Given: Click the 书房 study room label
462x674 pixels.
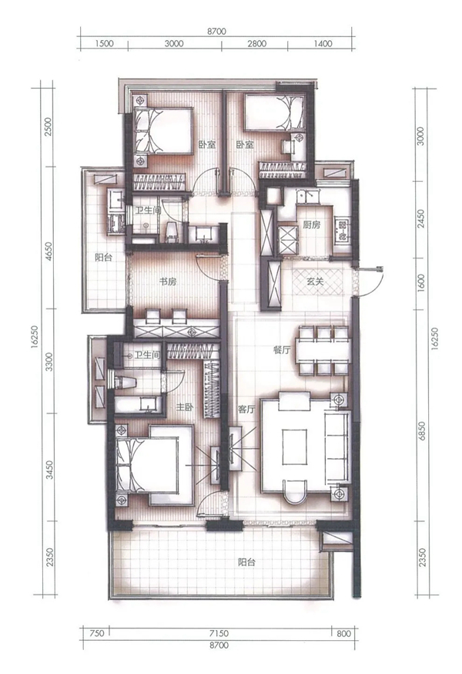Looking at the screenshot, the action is click(167, 282).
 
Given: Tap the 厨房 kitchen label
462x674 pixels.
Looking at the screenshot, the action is click(311, 224).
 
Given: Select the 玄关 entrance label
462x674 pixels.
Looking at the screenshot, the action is click(315, 282).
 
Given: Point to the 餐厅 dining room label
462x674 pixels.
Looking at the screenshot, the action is click(282, 350).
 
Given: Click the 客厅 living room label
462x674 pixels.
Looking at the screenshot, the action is click(246, 409).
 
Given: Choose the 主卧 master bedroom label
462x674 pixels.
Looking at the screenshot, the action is click(184, 406).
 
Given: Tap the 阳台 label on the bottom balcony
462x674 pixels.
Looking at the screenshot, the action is click(247, 562).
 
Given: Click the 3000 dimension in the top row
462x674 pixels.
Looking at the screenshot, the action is click(174, 43).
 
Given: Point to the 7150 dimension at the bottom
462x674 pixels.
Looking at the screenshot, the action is click(219, 633).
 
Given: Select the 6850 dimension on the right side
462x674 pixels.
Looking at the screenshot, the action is click(422, 431).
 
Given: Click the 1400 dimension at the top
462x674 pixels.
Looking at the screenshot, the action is click(323, 43).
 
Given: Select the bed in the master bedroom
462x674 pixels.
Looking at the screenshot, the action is click(155, 465).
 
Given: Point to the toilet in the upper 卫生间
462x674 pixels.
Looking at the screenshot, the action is click(172, 231).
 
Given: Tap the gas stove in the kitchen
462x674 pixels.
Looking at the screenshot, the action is click(343, 231).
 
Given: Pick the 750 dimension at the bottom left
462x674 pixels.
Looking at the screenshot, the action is click(98, 633).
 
